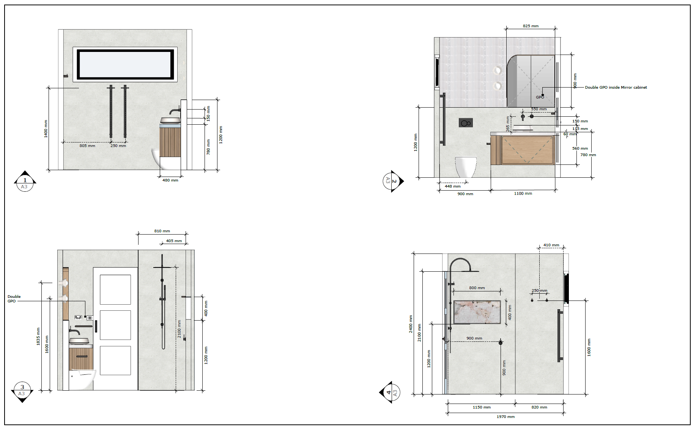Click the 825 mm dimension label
click(531, 26)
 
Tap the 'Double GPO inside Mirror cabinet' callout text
click(616, 87)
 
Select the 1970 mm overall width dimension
click(505, 416)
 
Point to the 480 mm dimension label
click(170, 180)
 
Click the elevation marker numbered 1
click(25, 181)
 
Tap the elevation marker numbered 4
click(390, 392)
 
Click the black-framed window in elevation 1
click(125, 64)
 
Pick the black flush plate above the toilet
click(466, 123)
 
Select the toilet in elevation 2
click(466, 167)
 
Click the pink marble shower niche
click(477, 312)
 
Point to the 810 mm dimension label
click(162, 231)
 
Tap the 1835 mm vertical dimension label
click(38, 336)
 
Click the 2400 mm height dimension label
click(411, 324)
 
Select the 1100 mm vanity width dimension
click(523, 193)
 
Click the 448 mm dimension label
click(452, 186)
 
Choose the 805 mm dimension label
click(87, 146)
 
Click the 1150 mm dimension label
click(482, 407)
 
